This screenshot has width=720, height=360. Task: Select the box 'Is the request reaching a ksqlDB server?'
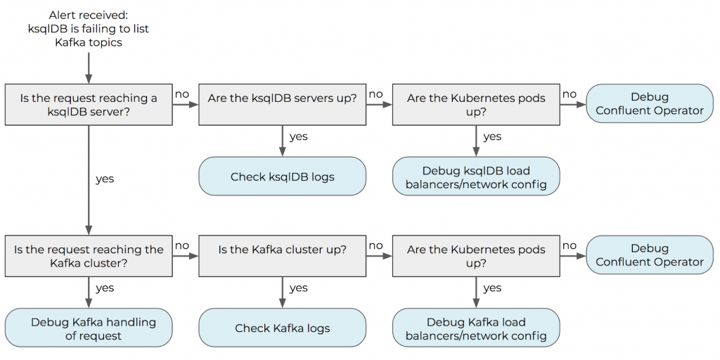point(89,105)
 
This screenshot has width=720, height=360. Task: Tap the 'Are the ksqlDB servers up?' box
point(282,98)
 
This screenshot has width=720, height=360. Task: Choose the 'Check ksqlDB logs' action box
point(282,176)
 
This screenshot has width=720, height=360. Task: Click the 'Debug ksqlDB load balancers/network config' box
point(476,177)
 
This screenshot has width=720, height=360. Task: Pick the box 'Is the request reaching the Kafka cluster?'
point(89,256)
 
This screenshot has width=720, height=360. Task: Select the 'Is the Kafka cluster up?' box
point(282,250)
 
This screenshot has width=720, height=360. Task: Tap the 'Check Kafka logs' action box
point(282,328)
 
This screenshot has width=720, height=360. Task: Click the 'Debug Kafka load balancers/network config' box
point(476,328)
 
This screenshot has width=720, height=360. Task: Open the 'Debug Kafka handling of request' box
point(89,328)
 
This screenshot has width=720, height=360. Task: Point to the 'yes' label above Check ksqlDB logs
point(298,136)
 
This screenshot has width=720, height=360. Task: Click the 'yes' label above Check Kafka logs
point(298,288)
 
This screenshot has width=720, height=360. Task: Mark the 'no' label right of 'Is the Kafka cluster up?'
point(375,245)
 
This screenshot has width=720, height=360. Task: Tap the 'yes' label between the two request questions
point(105,179)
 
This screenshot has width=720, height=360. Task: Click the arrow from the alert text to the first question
point(89,67)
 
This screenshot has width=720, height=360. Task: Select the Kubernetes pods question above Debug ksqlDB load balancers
point(476,105)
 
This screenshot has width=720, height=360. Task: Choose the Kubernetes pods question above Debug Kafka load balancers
point(476,256)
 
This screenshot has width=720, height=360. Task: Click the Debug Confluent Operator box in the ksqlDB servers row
point(649,104)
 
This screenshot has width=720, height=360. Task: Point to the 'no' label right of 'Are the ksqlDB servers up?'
point(375,94)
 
